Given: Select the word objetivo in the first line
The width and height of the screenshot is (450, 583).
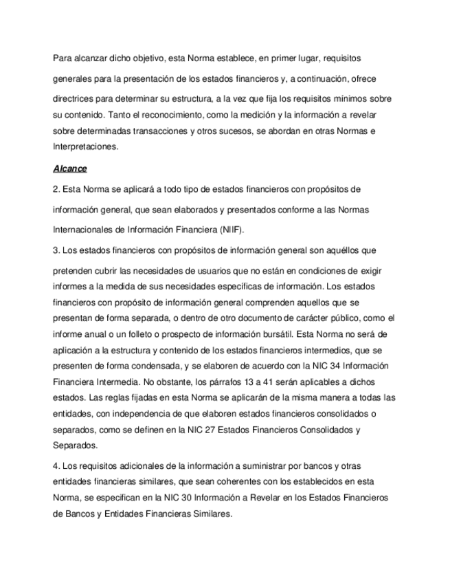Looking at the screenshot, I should pyautogui.click(x=147, y=58).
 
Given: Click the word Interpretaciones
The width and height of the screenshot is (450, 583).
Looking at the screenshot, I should pyautogui.click(x=85, y=146).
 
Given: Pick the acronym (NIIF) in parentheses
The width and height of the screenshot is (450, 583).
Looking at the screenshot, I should pyautogui.click(x=228, y=229).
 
